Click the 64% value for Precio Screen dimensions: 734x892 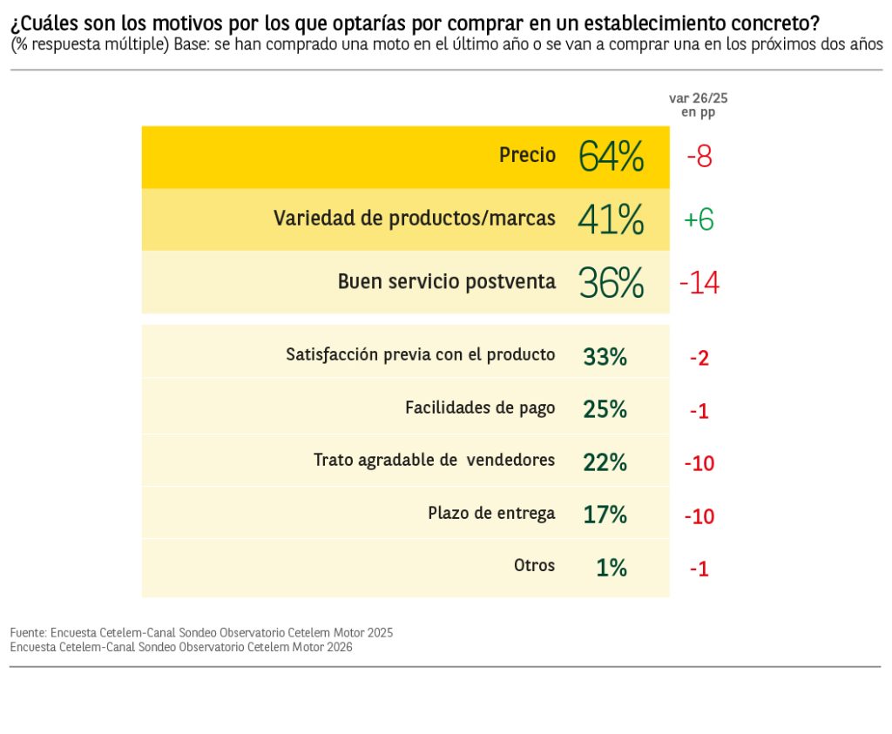tap(611, 157)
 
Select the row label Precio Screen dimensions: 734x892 tap(527, 155)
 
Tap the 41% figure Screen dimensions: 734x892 tap(611, 219)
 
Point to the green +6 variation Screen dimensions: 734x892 tap(699, 220)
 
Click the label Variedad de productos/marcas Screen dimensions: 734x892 tap(415, 218)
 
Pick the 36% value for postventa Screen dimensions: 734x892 tap(611, 283)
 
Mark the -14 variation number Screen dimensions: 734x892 tap(699, 283)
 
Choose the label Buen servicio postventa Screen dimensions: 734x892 tap(447, 281)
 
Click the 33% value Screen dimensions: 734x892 tap(605, 356)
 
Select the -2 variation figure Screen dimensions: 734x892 tap(699, 358)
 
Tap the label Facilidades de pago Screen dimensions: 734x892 tap(480, 407)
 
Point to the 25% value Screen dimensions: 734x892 tap(605, 409)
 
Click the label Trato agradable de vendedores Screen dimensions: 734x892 tap(434, 460)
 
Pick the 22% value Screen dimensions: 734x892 tap(605, 462)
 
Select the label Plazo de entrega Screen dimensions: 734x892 tap(491, 513)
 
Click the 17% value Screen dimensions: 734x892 tap(605, 515)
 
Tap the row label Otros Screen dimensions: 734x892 tap(534, 565)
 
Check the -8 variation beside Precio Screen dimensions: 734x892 tap(699, 158)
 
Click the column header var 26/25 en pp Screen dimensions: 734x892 tap(698, 105)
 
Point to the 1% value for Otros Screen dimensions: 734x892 tap(612, 568)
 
